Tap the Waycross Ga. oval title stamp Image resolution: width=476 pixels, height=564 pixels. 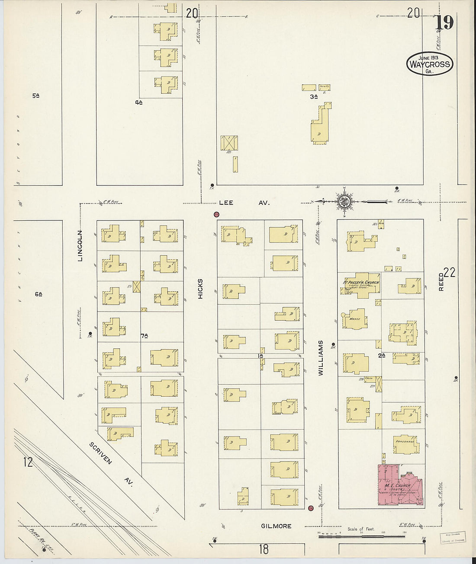[x=429, y=64]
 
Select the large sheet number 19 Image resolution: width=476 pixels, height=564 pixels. [x=444, y=22]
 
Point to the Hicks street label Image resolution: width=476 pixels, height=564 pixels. [x=200, y=288]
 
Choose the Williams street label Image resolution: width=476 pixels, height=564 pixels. [x=321, y=357]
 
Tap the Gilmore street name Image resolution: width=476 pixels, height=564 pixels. [x=276, y=526]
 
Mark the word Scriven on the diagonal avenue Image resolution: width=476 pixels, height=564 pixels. [x=101, y=453]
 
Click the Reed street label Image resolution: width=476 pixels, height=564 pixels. [x=441, y=281]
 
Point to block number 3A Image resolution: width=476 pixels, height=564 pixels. [x=314, y=97]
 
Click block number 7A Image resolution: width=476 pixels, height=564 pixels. [x=144, y=335]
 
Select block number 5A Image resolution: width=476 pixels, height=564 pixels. [x=36, y=96]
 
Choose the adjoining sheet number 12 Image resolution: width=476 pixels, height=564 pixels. [x=28, y=462]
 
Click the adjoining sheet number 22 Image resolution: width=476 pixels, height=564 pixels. [x=450, y=272]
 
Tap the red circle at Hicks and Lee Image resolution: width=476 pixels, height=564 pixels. [x=216, y=214]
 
